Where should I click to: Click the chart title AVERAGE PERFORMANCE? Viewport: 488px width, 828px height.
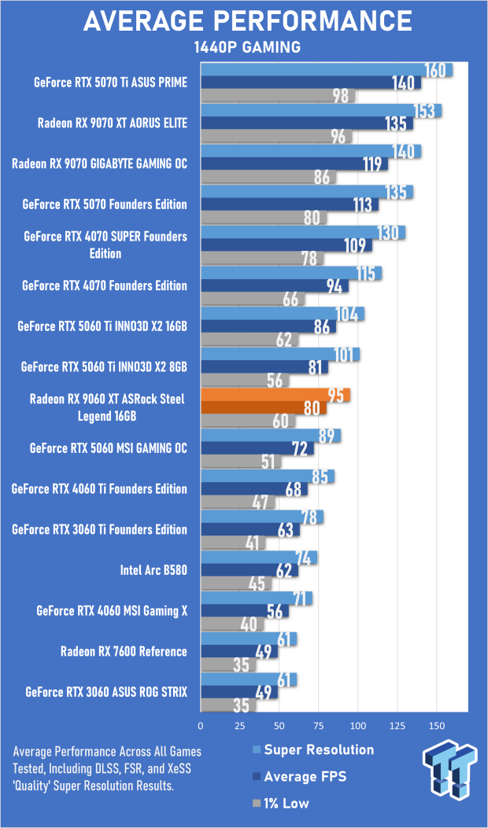[247, 21]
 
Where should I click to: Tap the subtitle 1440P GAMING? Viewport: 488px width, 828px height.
[247, 47]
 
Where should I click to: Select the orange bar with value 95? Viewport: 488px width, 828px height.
[275, 395]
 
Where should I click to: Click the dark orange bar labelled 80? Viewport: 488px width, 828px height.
[264, 408]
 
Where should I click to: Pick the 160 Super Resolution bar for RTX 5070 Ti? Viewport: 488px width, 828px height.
[326, 70]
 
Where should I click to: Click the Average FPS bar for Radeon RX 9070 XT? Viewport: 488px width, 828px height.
[307, 123]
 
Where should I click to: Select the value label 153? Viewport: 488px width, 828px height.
[423, 111]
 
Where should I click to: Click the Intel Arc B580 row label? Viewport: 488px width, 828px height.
[153, 570]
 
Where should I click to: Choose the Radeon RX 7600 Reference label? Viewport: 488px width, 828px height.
[124, 652]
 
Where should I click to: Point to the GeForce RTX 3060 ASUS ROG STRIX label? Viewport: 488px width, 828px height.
[105, 692]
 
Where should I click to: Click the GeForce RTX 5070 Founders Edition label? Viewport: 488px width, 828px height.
[105, 204]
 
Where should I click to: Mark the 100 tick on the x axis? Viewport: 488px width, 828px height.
[357, 726]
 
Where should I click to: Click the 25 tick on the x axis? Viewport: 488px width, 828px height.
[239, 726]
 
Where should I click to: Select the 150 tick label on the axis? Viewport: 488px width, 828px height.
[436, 726]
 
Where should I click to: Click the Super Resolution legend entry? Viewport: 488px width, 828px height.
[313, 750]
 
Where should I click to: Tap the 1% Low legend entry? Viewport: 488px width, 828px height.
[281, 804]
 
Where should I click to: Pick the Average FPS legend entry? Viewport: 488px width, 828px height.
[299, 777]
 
